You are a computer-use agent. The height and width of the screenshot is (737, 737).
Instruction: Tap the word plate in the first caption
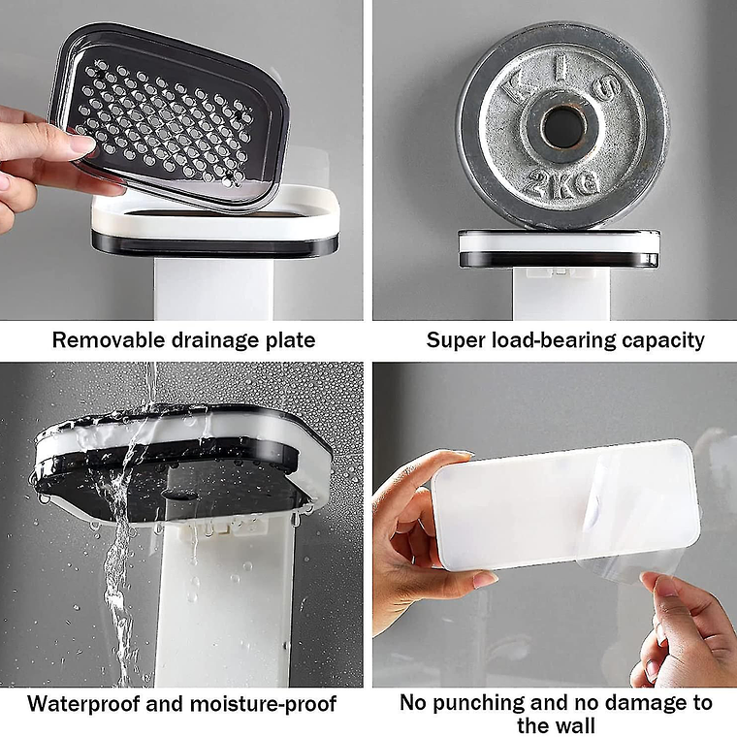(x=290, y=340)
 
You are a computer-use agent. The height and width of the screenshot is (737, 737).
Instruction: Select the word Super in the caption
(x=453, y=340)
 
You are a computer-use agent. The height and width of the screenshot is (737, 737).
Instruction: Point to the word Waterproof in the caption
(x=80, y=703)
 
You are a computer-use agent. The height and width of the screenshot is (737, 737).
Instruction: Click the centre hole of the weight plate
(x=560, y=127)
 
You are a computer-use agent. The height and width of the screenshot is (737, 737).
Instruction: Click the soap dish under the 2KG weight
(x=559, y=249)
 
